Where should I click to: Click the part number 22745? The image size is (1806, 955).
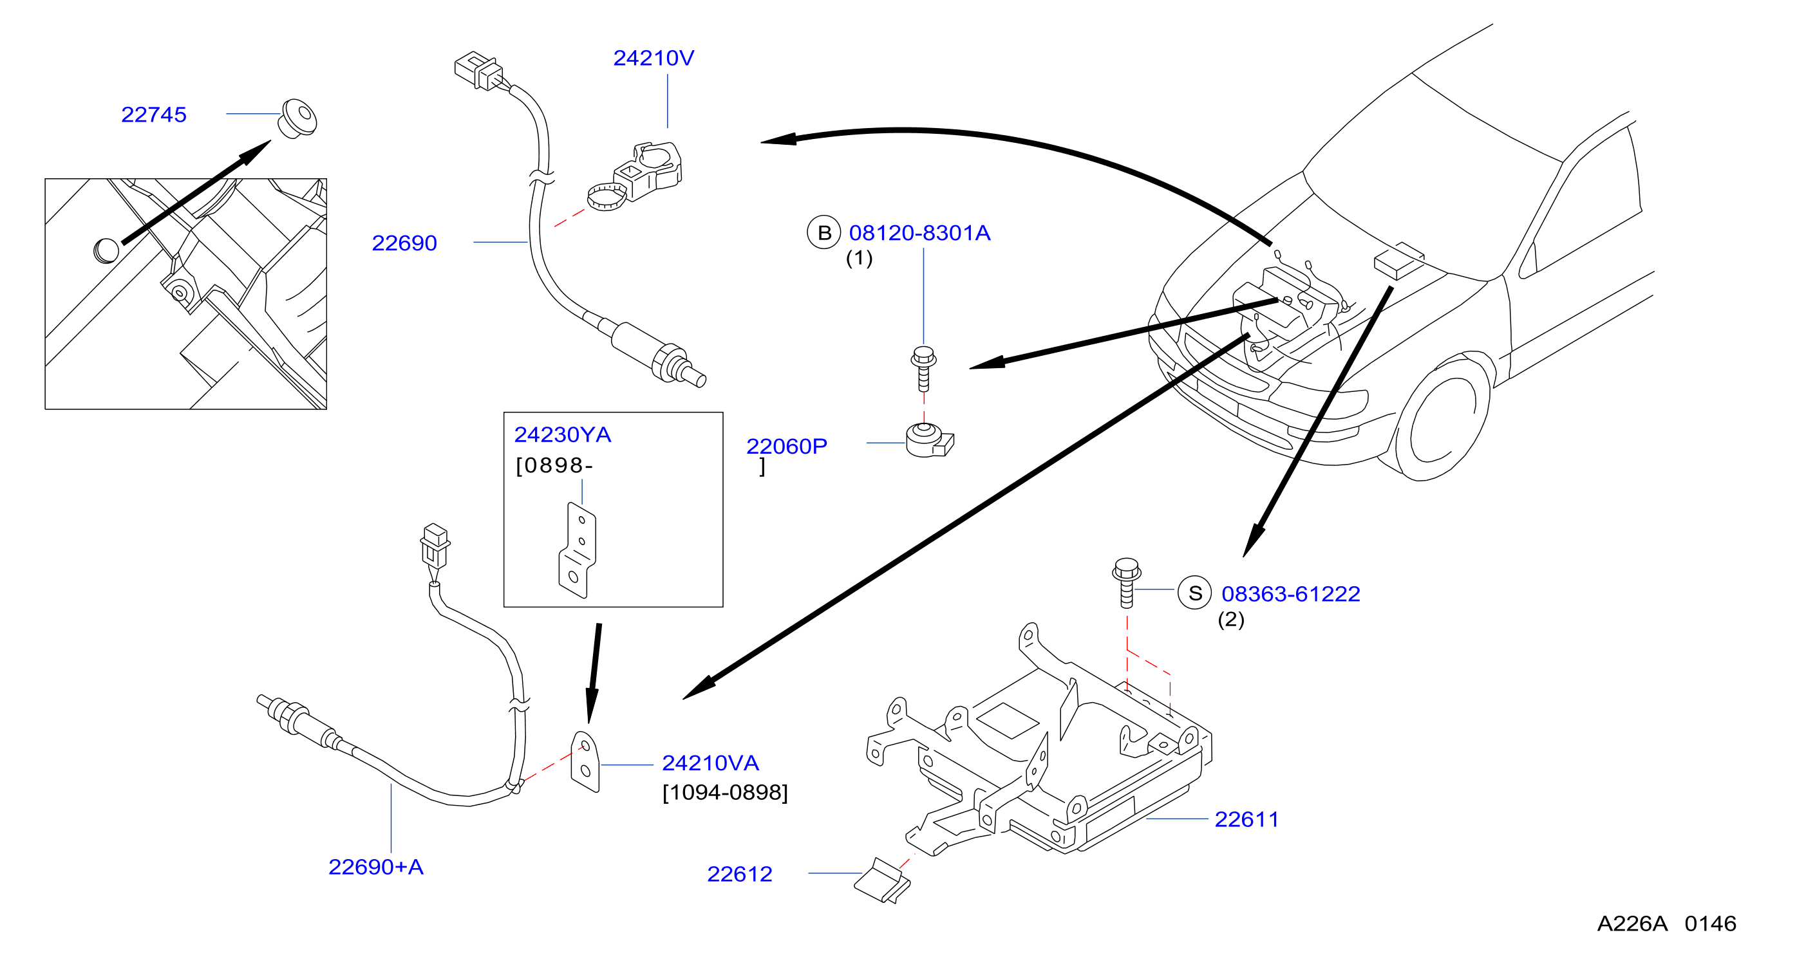153,114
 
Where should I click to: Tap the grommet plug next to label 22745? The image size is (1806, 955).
298,118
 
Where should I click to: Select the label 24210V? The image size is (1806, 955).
654,57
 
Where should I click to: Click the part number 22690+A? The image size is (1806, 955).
376,867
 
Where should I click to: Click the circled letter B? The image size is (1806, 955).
823,232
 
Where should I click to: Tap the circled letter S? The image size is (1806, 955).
1194,593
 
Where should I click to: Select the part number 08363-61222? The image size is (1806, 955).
1291,593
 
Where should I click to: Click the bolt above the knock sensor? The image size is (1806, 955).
923,369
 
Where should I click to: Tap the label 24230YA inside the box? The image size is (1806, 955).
562,434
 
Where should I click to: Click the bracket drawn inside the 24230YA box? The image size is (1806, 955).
577,551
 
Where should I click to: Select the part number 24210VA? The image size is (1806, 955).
710,763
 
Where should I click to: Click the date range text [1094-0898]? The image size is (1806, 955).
725,792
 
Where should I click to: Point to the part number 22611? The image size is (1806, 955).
1246,819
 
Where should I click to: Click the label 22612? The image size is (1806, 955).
740,874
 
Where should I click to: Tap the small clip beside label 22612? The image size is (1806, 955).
882,881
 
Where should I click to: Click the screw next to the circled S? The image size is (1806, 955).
1126,582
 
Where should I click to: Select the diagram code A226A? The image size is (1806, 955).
1632,923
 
